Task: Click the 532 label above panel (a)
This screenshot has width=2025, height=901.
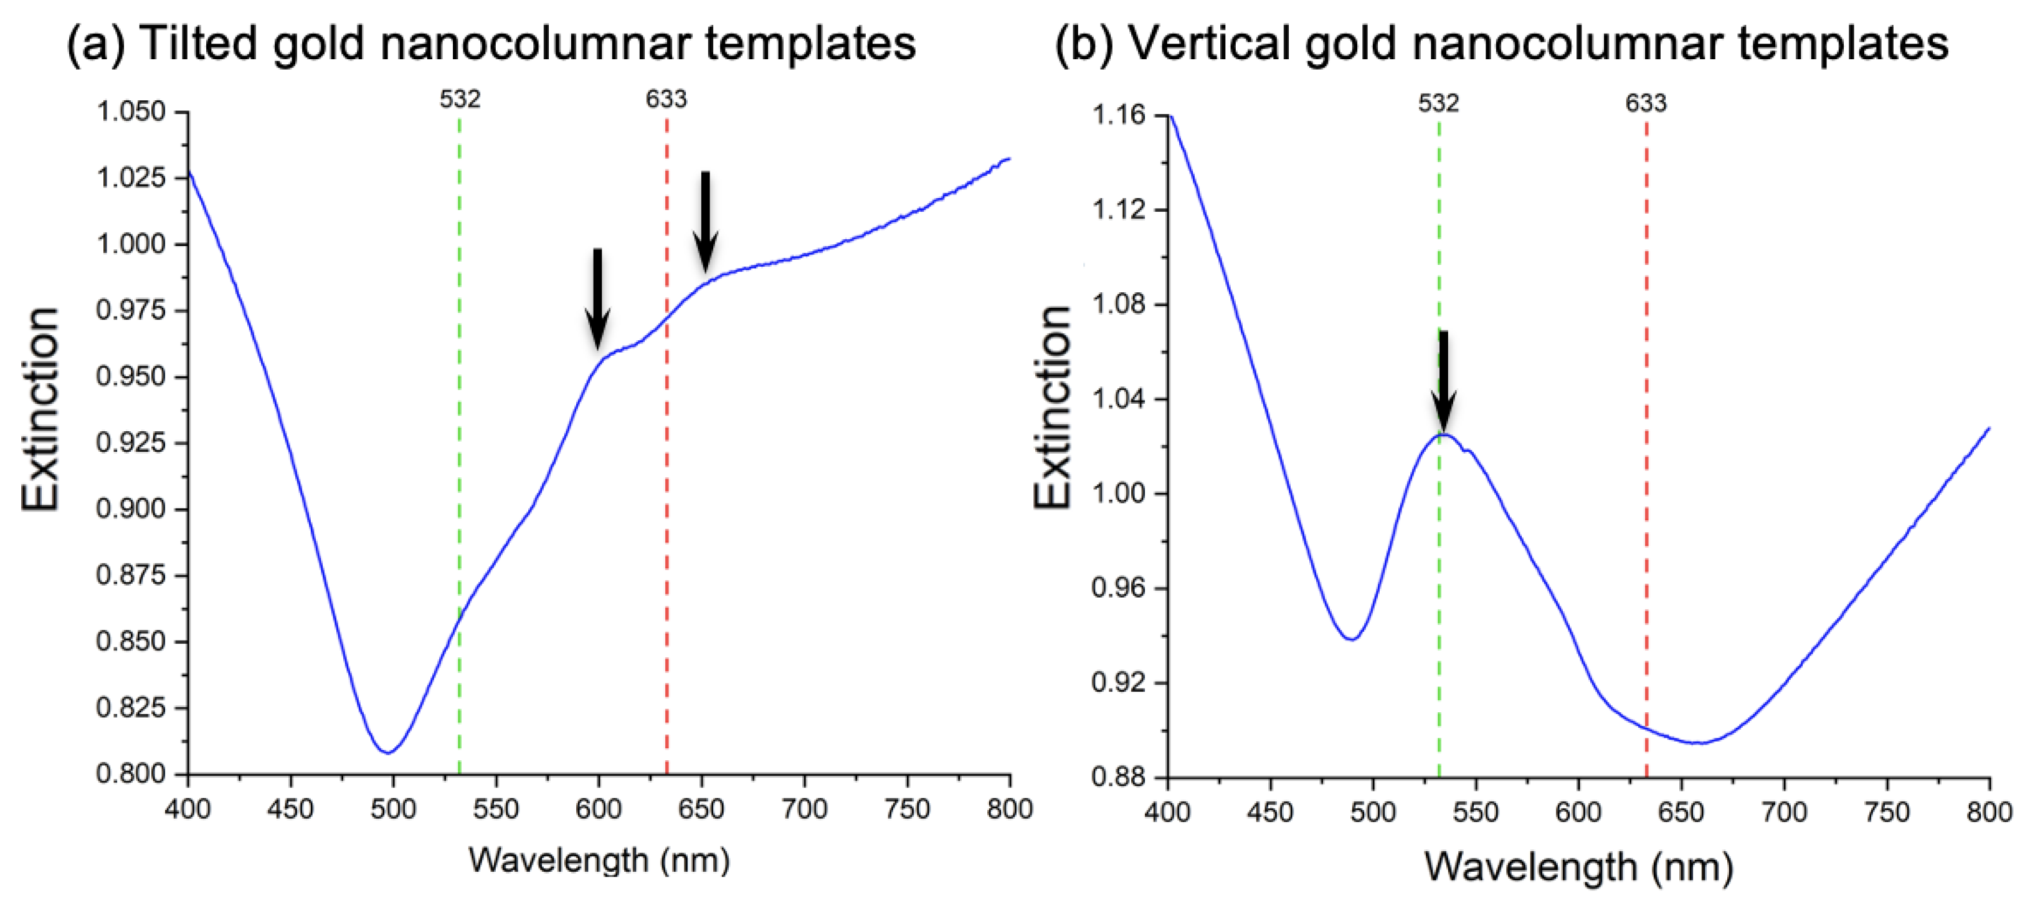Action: [x=460, y=99]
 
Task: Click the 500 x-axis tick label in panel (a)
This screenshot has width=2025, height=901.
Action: [x=393, y=809]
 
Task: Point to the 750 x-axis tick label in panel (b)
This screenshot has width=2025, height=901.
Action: [x=1887, y=812]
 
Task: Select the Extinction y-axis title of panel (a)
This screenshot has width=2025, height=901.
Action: [x=41, y=409]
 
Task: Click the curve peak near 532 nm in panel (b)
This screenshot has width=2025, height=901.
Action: [x=1443, y=434]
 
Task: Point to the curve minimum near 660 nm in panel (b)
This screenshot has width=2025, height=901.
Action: [x=1698, y=742]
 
